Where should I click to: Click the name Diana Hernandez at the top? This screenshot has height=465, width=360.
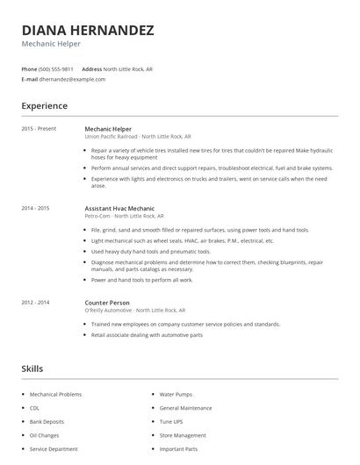pos(88,30)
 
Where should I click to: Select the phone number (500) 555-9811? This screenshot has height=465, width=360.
pos(56,68)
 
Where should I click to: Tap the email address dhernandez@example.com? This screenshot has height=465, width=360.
pos(72,79)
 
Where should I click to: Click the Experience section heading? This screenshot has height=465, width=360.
pos(45,105)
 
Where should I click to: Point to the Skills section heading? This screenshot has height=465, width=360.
pos(32,368)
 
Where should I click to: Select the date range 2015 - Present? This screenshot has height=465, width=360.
pos(39,129)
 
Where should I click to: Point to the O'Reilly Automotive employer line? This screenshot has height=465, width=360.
pos(134,310)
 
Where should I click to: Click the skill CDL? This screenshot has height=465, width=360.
pos(35,408)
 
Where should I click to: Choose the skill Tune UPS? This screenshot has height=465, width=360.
pos(171,421)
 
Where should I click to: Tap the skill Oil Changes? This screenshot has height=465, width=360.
pos(43,435)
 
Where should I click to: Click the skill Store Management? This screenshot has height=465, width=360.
pos(182,435)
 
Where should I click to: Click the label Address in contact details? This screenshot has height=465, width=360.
pos(91,68)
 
